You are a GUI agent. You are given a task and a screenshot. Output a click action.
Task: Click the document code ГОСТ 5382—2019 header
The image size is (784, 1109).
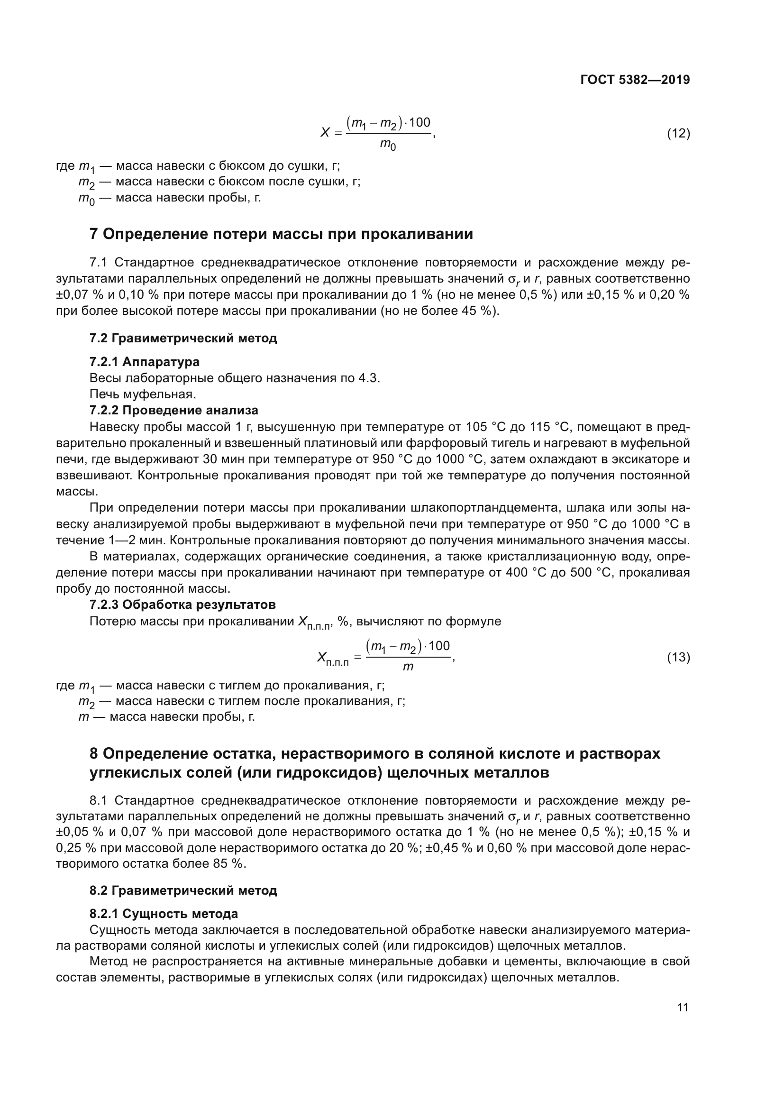click(x=635, y=80)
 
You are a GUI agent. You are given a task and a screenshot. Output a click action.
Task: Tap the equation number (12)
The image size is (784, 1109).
click(x=678, y=133)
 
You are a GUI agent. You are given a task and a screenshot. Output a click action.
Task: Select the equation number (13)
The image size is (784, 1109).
click(x=678, y=657)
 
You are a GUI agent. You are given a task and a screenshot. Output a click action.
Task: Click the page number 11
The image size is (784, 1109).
click(x=683, y=1008)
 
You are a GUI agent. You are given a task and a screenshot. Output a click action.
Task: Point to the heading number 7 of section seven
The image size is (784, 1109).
click(x=94, y=234)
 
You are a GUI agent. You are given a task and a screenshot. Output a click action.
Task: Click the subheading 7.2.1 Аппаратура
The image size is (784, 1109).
click(x=145, y=362)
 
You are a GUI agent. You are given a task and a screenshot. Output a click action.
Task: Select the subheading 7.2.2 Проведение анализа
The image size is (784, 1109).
click(x=174, y=411)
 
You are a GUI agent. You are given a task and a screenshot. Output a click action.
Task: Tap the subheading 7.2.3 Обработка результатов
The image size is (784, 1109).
click(x=182, y=605)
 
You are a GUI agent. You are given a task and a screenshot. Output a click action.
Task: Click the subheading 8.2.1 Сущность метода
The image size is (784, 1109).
click(x=164, y=914)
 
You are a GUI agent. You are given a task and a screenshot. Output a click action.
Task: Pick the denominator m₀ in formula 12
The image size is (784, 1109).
click(x=388, y=144)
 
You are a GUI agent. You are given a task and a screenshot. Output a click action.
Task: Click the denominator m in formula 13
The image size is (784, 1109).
click(x=408, y=667)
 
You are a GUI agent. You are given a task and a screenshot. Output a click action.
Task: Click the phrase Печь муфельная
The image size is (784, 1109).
click(x=143, y=394)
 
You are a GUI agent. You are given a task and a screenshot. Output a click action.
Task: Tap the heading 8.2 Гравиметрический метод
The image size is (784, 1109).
click(x=183, y=890)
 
